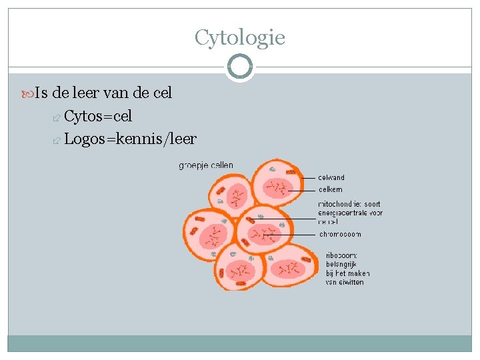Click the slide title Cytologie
pos(240,37)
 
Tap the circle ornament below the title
pos(239,67)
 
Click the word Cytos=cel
pos(98,116)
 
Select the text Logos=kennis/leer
pos(130,139)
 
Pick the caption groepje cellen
pos(206,165)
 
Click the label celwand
pos(331,177)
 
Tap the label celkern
pos(330,189)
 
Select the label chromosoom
pos(340,234)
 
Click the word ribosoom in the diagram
pos(341,255)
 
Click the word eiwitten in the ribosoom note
pos(350,282)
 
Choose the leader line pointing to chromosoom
pos(293,234)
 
